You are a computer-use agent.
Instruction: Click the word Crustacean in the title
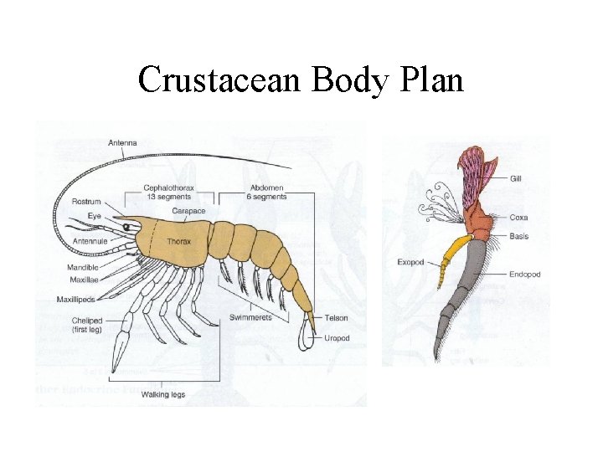(x=219, y=80)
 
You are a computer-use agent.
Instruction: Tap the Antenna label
(x=123, y=142)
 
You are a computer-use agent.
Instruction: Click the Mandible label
(x=83, y=268)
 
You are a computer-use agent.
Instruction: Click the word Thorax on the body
(x=178, y=242)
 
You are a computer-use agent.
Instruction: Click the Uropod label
(x=337, y=338)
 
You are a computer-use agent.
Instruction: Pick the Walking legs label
(x=162, y=394)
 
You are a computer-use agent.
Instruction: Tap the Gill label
(x=518, y=178)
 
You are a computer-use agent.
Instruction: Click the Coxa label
(x=519, y=218)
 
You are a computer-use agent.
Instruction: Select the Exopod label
(x=410, y=262)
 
